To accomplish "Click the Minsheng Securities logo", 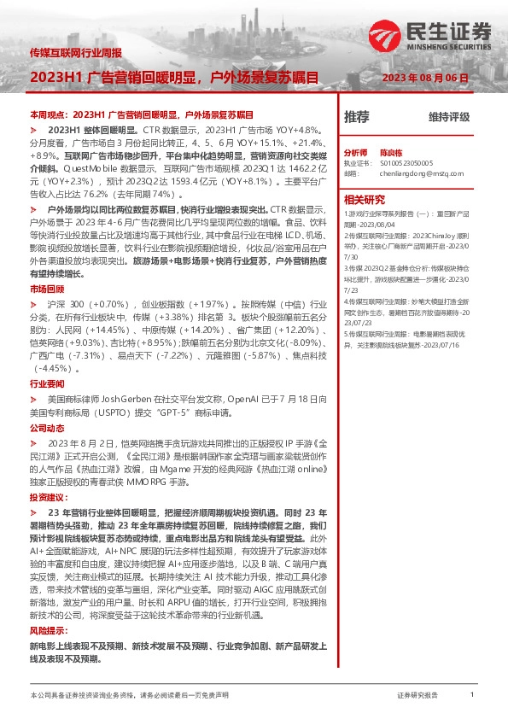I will click(430, 34).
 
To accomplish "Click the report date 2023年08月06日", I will click(425, 78).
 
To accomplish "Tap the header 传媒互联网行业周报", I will click(75, 52).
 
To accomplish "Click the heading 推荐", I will click(356, 117).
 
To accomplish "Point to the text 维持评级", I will click(449, 118).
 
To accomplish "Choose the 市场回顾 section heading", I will click(46, 289).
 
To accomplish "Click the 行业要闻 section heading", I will click(46, 384).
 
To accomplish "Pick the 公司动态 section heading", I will click(46, 426).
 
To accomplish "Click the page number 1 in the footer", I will click(472, 695).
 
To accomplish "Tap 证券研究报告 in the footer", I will click(417, 696).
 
